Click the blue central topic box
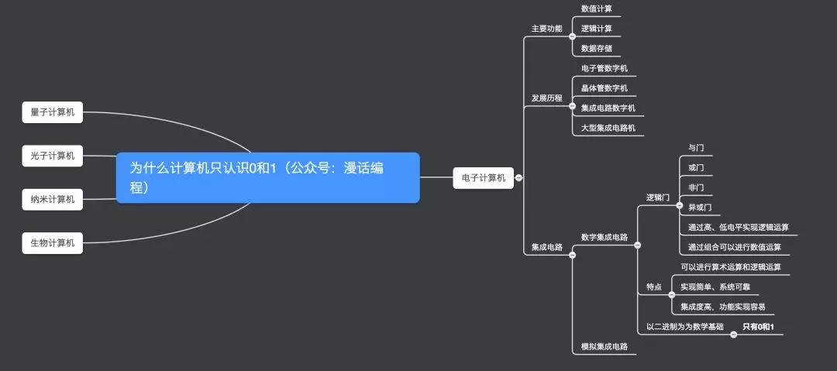point(267,177)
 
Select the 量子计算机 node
point(53,112)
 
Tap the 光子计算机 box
point(53,156)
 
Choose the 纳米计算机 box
point(53,200)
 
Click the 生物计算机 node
point(53,243)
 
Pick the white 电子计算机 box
point(483,178)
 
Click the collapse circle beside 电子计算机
point(518,178)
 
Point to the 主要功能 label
point(546,29)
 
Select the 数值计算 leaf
point(596,9)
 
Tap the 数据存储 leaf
point(596,49)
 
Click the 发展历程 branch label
point(546,98)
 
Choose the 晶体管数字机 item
point(604,88)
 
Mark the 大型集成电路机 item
point(608,128)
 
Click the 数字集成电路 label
point(604,237)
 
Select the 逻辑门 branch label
point(657,198)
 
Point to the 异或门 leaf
point(699,208)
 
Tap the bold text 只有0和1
point(758,327)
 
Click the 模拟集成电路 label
point(604,346)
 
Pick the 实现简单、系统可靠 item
point(715,287)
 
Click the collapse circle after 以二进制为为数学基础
point(730,328)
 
